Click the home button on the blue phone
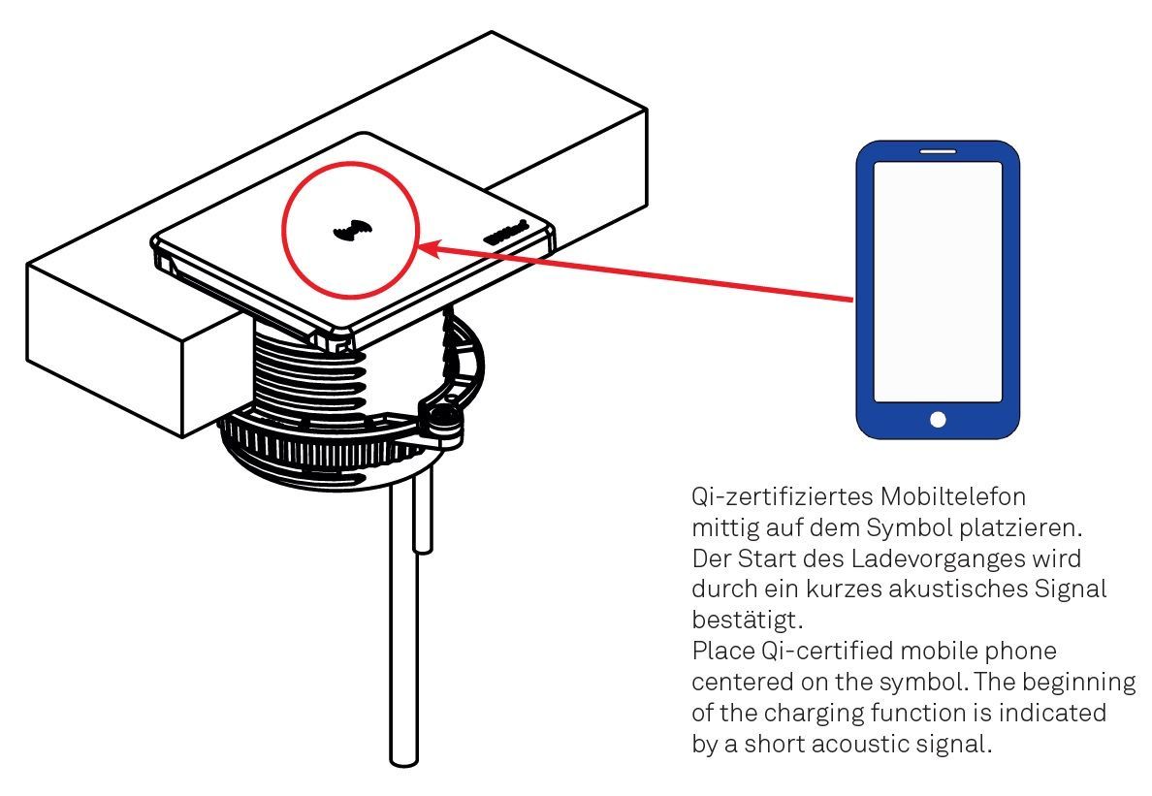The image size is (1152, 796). pyautogui.click(x=938, y=419)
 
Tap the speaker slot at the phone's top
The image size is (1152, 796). pyautogui.click(x=939, y=151)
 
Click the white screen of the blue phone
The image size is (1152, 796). pyautogui.click(x=939, y=282)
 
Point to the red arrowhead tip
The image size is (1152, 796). pyautogui.click(x=417, y=246)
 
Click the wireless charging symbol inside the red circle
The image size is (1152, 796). pyautogui.click(x=352, y=232)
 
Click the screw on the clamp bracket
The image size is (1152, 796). pyautogui.click(x=444, y=421)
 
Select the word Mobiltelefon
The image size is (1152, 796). pyautogui.click(x=953, y=496)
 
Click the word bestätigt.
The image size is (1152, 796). pyautogui.click(x=748, y=621)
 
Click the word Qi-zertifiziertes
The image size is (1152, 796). pyautogui.click(x=783, y=496)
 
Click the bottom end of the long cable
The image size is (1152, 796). pyautogui.click(x=404, y=761)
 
